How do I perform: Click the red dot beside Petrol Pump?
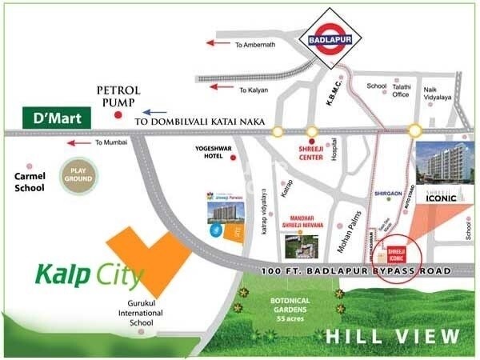[x=118, y=116]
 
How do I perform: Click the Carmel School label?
[x=28, y=182]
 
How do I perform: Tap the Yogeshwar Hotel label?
[x=206, y=153]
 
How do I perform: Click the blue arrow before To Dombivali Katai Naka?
[x=157, y=113]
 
